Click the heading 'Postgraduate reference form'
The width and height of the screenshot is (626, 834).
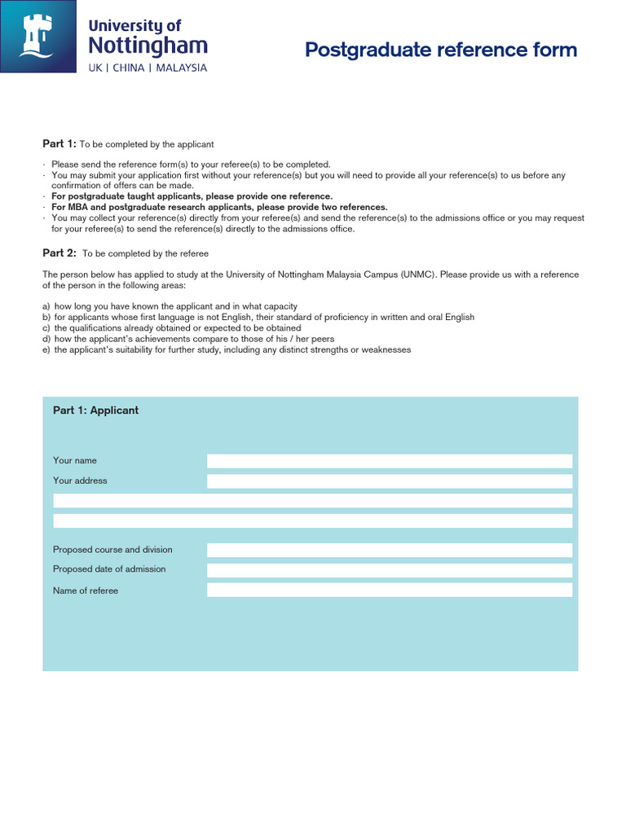440,50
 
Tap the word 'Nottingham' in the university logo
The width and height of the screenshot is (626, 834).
148,45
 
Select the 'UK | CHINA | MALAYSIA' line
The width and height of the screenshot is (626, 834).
148,68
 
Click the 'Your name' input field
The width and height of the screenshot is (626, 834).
390,461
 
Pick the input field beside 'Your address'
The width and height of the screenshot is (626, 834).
390,481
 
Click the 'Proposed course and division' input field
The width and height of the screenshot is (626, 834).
390,550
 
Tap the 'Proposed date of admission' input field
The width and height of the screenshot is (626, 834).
390,570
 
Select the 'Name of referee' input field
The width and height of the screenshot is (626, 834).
390,590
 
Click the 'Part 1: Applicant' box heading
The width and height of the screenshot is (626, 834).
95,410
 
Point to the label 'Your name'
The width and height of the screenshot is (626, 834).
75,461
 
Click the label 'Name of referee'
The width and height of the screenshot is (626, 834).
86,590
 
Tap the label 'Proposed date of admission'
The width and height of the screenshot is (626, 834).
109,569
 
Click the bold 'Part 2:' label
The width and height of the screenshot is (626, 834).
60,253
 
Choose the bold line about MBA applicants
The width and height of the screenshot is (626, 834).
219,207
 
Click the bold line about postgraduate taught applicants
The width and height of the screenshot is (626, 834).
192,196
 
